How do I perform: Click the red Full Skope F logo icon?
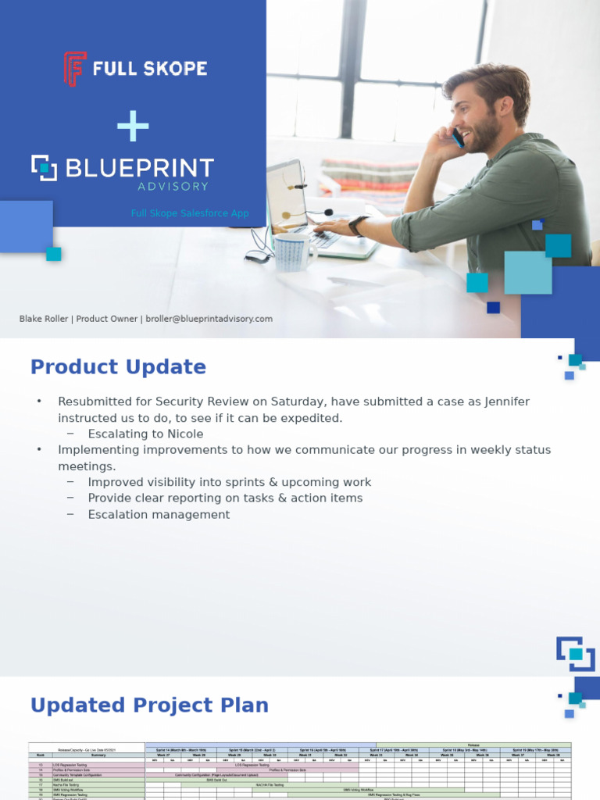(x=74, y=69)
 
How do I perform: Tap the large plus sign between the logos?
(x=133, y=125)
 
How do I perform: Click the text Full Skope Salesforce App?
(x=189, y=212)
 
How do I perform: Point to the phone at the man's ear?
(x=458, y=137)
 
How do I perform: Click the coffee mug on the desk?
(x=294, y=252)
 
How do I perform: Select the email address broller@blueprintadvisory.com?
(x=209, y=319)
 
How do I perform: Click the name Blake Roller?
(x=44, y=319)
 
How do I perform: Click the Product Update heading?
(x=118, y=367)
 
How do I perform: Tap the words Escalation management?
(x=159, y=515)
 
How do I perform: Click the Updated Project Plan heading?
(x=149, y=705)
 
